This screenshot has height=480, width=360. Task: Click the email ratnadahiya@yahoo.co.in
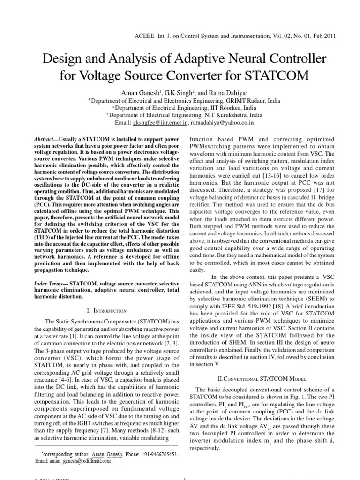(x=223, y=123)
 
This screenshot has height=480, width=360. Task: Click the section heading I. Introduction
(x=107, y=311)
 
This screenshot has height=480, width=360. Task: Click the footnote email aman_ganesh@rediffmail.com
(x=81, y=461)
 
